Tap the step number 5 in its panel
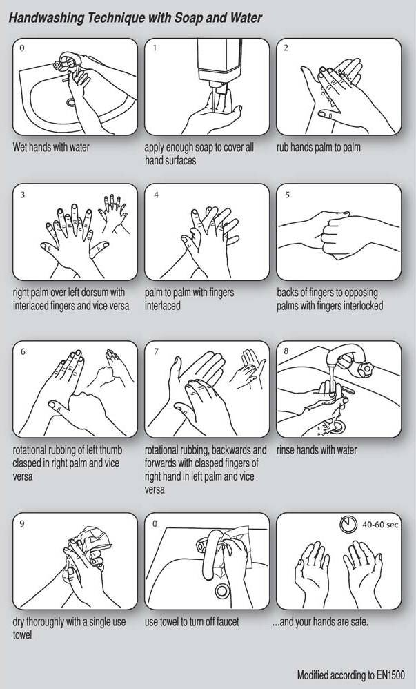click(x=287, y=195)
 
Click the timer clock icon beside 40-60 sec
click(x=348, y=523)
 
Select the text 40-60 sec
click(x=380, y=524)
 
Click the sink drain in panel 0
click(x=71, y=103)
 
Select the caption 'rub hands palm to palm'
click(x=319, y=147)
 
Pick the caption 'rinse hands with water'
click(x=317, y=450)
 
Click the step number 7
click(x=156, y=352)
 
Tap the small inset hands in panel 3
click(x=113, y=213)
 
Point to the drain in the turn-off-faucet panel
click(x=222, y=591)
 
